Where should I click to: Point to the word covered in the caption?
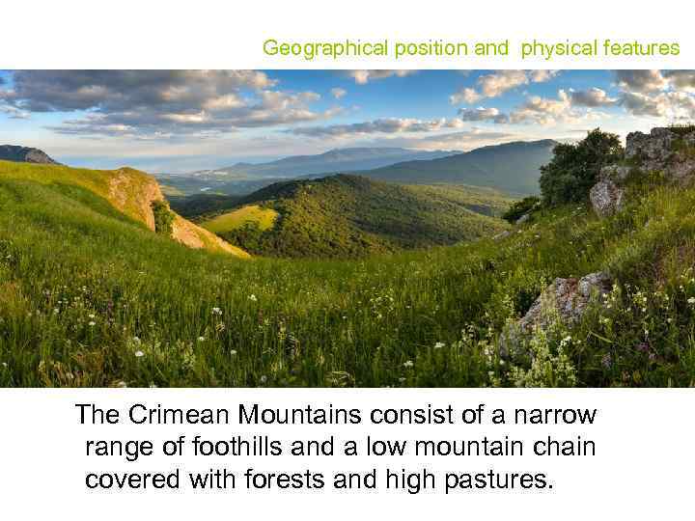click(125, 480)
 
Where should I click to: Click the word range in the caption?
click(120, 448)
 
